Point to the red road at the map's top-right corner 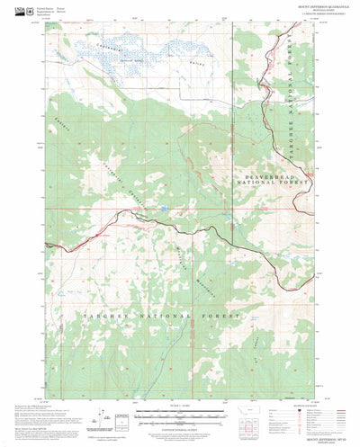click(x=291, y=31)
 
